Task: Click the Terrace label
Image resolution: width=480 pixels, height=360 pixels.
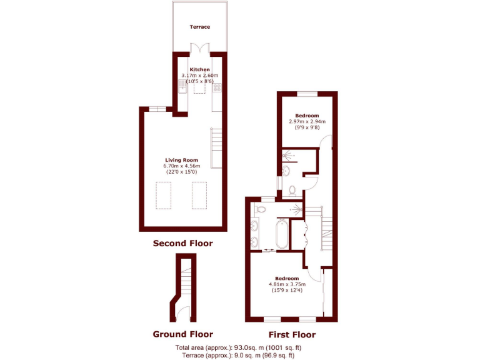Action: [200, 27]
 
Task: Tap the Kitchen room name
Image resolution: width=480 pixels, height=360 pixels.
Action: [200, 69]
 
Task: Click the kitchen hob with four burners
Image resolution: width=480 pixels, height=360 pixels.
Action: [217, 88]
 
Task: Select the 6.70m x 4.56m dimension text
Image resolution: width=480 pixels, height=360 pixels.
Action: [181, 166]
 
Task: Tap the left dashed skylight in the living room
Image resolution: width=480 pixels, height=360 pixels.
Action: [163, 195]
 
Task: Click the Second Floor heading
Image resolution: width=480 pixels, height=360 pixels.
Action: [182, 243]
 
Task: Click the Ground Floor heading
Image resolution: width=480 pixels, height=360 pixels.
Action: [182, 334]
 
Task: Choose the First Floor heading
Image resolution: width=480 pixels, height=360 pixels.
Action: [292, 334]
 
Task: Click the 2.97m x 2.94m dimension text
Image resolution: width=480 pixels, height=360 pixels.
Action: [307, 121]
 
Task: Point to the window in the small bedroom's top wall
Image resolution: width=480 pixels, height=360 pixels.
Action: [307, 94]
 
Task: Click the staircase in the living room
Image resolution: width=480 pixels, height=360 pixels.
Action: [216, 147]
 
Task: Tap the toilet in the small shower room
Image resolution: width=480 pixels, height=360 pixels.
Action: [292, 189]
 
